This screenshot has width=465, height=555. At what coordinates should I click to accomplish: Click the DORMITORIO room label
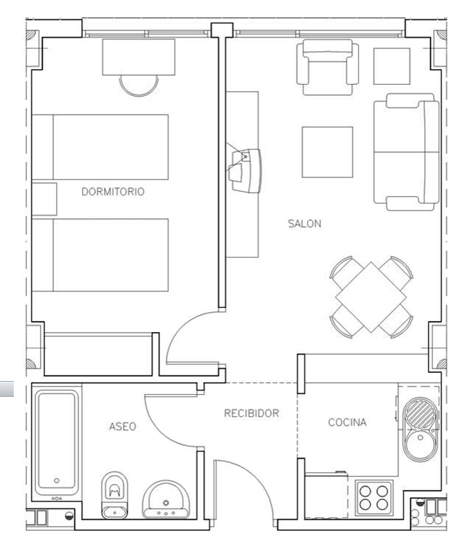pyautogui.click(x=113, y=192)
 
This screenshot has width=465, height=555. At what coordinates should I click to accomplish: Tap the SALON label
pyautogui.click(x=304, y=224)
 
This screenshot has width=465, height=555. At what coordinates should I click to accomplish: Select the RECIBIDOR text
pyautogui.click(x=252, y=413)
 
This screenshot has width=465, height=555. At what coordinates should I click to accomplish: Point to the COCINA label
pyautogui.click(x=347, y=422)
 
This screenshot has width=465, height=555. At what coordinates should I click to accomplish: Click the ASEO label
pyautogui.click(x=122, y=427)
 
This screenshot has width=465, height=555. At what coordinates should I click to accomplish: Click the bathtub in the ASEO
pyautogui.click(x=57, y=442)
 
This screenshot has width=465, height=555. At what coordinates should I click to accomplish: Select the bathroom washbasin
pyautogui.click(x=166, y=499)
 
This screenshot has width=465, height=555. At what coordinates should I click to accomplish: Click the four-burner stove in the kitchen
pyautogui.click(x=374, y=497)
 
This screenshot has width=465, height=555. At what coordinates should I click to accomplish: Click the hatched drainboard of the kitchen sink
pyautogui.click(x=420, y=413)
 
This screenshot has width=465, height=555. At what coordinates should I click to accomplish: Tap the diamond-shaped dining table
pyautogui.click(x=371, y=297)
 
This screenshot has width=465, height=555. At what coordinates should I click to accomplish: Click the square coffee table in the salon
pyautogui.click(x=327, y=152)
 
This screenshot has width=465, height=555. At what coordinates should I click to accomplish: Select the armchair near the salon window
pyautogui.click(x=328, y=67)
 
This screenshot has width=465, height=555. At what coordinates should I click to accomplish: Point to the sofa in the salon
pyautogui.click(x=406, y=152)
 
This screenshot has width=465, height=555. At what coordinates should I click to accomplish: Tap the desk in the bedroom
pyautogui.click(x=139, y=57)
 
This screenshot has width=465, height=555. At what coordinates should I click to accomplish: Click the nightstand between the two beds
pyautogui.click(x=44, y=199)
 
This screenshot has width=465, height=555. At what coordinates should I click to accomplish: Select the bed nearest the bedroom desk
pyautogui.click(x=100, y=147)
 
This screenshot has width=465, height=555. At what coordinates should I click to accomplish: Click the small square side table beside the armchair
pyautogui.click(x=392, y=66)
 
